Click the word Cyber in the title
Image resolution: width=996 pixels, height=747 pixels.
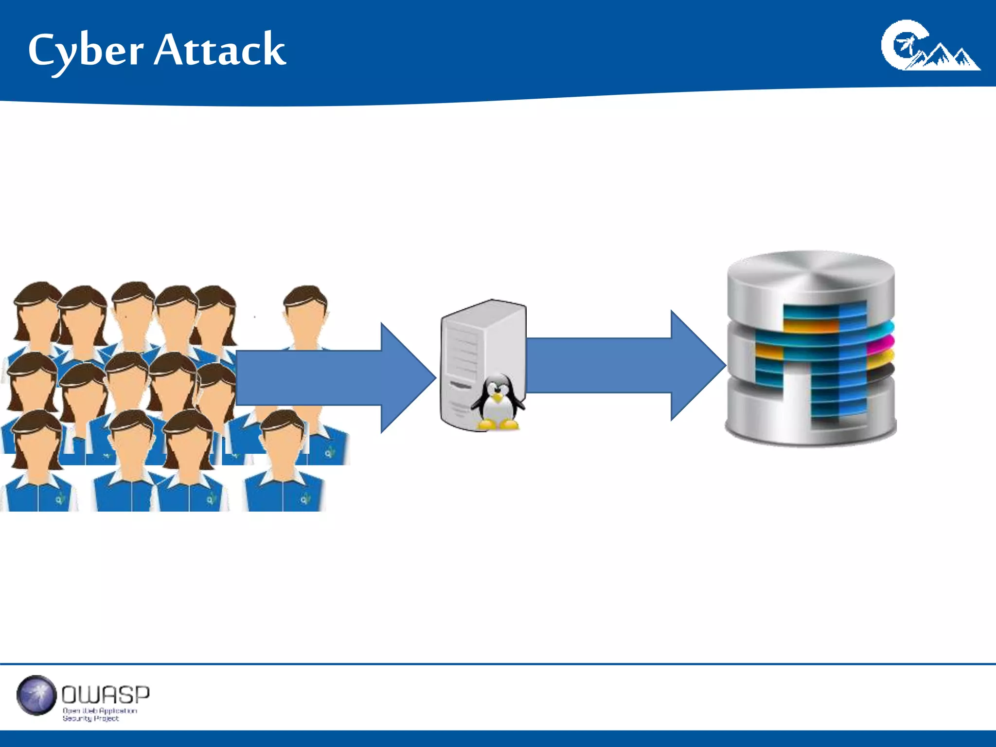pyautogui.click(x=86, y=51)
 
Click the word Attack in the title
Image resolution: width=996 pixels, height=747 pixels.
pyautogui.click(x=220, y=50)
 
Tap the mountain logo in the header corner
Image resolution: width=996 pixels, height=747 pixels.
pyautogui.click(x=929, y=46)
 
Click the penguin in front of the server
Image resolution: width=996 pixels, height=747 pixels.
pyautogui.click(x=498, y=403)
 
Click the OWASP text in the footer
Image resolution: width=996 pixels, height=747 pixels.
pyautogui.click(x=106, y=694)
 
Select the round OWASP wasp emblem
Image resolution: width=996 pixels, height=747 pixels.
pyautogui.click(x=36, y=695)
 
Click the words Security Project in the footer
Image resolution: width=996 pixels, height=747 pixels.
pyautogui.click(x=90, y=718)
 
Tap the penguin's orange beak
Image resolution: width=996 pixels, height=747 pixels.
pyautogui.click(x=497, y=398)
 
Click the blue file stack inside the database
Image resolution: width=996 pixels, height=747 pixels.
pyautogui.click(x=827, y=360)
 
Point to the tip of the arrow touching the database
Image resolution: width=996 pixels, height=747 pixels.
pyautogui.click(x=725, y=365)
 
